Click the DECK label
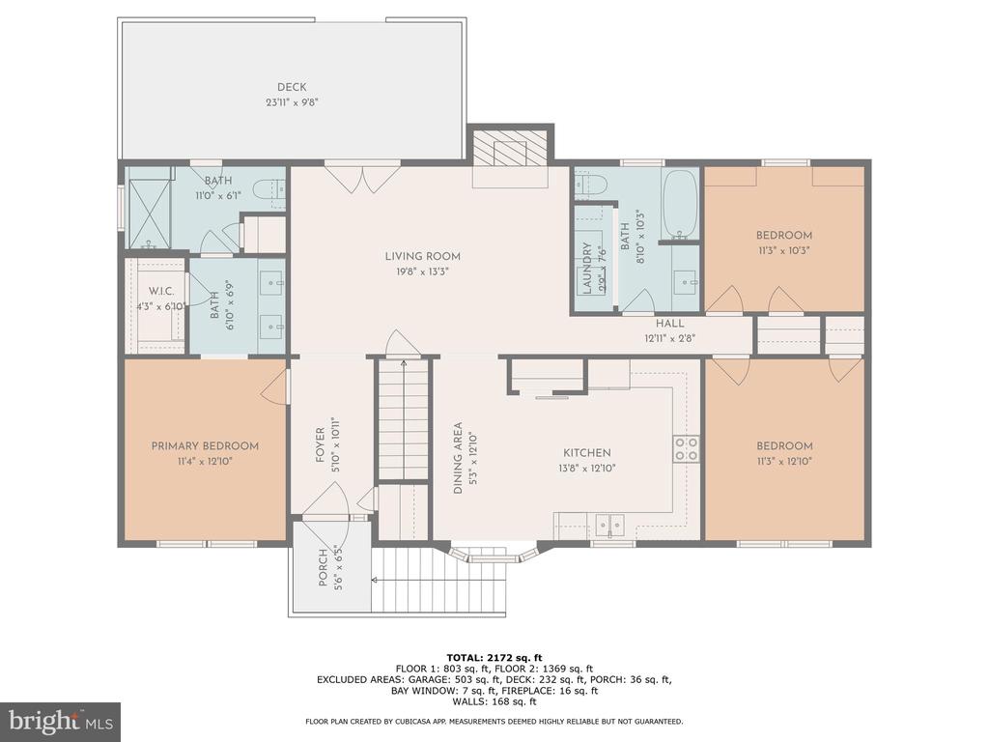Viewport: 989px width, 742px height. point(292,88)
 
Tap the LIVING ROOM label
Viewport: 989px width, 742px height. point(422,256)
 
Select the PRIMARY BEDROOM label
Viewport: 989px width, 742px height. point(205,446)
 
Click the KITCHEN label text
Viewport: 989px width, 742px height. point(587,453)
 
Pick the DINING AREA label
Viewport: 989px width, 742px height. point(459,458)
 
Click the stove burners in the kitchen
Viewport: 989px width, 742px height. point(686,448)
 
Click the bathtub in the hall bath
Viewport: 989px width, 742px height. point(681,206)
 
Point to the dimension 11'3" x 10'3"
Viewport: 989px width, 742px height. point(783,250)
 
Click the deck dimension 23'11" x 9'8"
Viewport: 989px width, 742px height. point(292,102)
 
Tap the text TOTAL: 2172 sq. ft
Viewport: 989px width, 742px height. point(494,657)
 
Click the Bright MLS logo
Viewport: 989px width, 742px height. point(60,721)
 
